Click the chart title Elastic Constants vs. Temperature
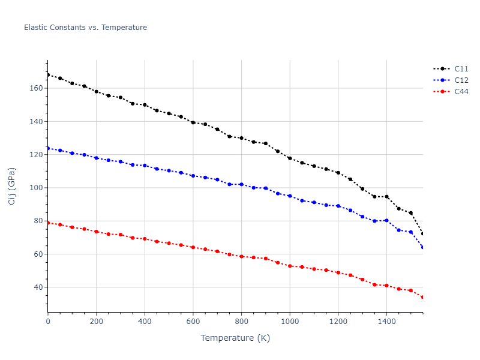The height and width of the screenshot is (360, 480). point(85,28)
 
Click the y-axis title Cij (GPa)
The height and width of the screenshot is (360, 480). point(12,186)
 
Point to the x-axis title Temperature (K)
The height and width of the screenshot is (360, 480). point(235,338)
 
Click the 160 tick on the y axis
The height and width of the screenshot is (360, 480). point(37,88)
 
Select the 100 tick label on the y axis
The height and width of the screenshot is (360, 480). point(37,188)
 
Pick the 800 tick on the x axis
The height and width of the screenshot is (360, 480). point(241,322)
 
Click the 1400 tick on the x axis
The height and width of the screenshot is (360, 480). point(386,322)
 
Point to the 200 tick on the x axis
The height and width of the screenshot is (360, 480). point(96,322)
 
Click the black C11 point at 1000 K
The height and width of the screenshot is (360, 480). point(290,158)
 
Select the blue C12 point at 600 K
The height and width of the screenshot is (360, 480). point(193,176)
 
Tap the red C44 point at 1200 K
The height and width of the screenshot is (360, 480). point(338,273)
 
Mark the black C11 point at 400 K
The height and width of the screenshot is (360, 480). point(145,105)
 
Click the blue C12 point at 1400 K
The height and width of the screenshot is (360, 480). point(386,221)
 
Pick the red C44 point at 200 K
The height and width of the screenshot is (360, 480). point(96,232)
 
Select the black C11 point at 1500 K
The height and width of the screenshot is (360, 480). point(411,213)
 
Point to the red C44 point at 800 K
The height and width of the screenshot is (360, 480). point(241,256)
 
